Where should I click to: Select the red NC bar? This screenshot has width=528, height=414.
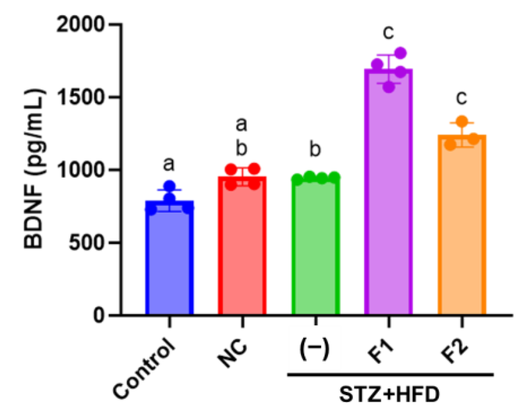point(242,248)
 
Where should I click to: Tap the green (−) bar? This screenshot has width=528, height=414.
point(316,248)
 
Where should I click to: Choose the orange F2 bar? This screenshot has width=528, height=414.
point(462,225)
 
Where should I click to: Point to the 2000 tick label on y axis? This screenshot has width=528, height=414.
point(80,25)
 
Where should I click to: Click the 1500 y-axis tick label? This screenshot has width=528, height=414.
point(80,97)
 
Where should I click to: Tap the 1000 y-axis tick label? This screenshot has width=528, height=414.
point(80,170)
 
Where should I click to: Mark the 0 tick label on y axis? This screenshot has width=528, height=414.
point(99,315)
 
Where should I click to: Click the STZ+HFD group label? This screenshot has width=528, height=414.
point(389,395)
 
